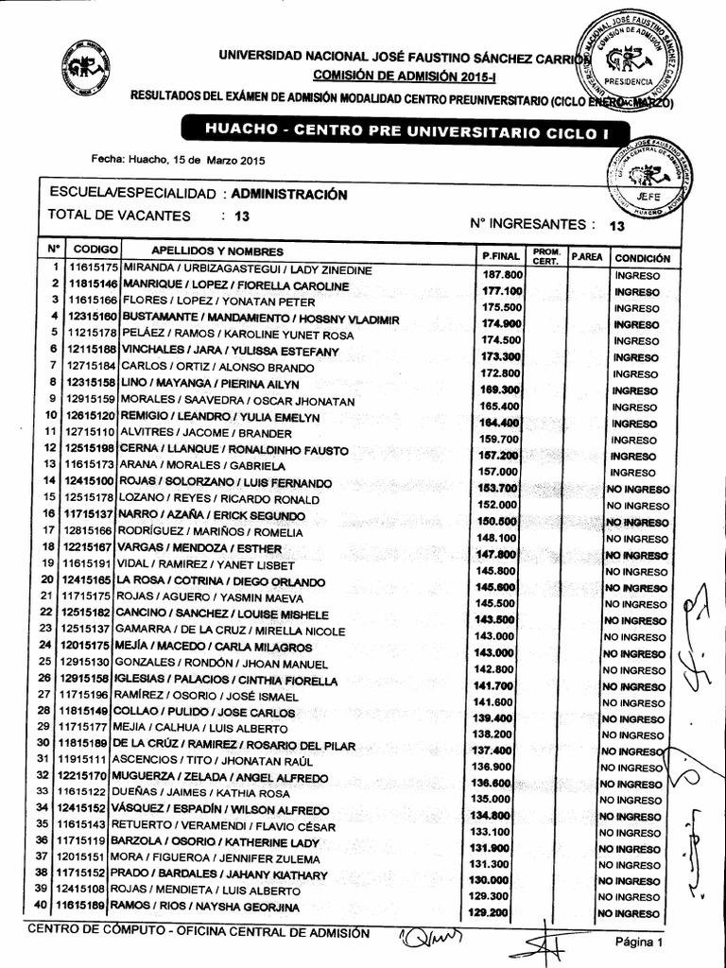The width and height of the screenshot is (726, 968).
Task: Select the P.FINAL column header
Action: (x=500, y=255)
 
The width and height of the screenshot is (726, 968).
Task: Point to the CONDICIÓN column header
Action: (x=641, y=257)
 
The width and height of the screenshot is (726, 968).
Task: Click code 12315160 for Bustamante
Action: (x=93, y=316)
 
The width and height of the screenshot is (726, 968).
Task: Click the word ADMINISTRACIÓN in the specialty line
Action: (x=288, y=194)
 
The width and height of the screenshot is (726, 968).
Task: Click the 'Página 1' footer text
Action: (x=640, y=942)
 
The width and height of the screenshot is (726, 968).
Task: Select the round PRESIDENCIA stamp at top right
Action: (x=631, y=59)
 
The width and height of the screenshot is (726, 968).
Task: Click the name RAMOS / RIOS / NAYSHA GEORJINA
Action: (x=208, y=907)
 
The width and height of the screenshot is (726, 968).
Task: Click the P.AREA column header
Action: (x=586, y=256)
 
